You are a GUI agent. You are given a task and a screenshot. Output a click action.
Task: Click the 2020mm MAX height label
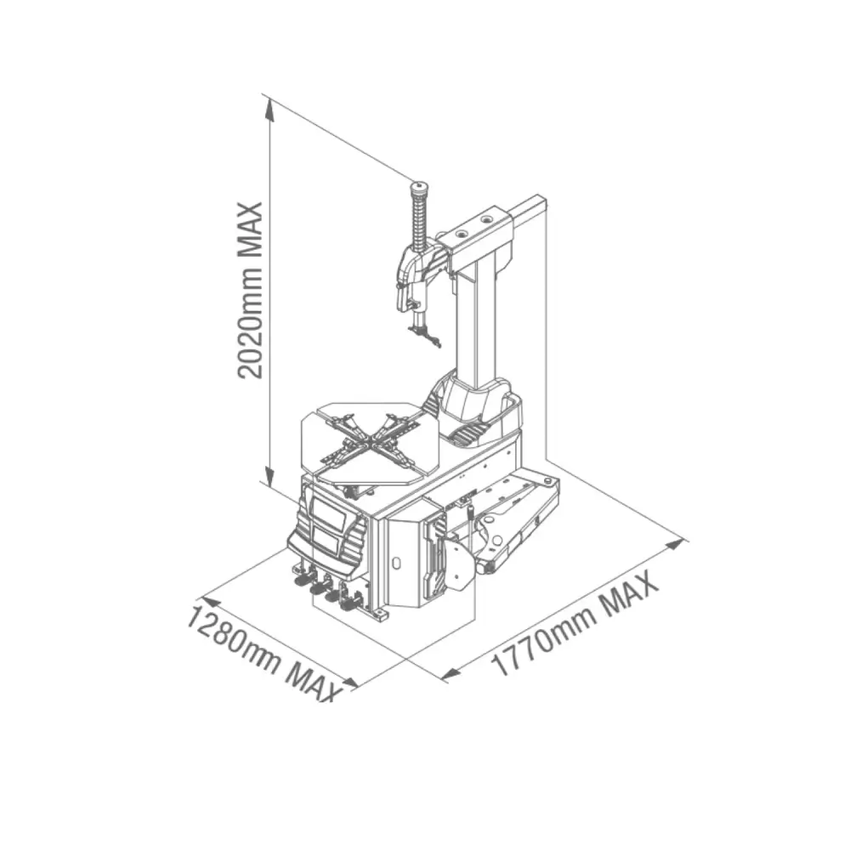tap(250, 290)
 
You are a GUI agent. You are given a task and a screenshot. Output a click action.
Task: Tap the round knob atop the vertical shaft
tap(419, 188)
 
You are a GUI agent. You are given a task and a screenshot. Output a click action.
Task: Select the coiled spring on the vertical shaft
tap(419, 221)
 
